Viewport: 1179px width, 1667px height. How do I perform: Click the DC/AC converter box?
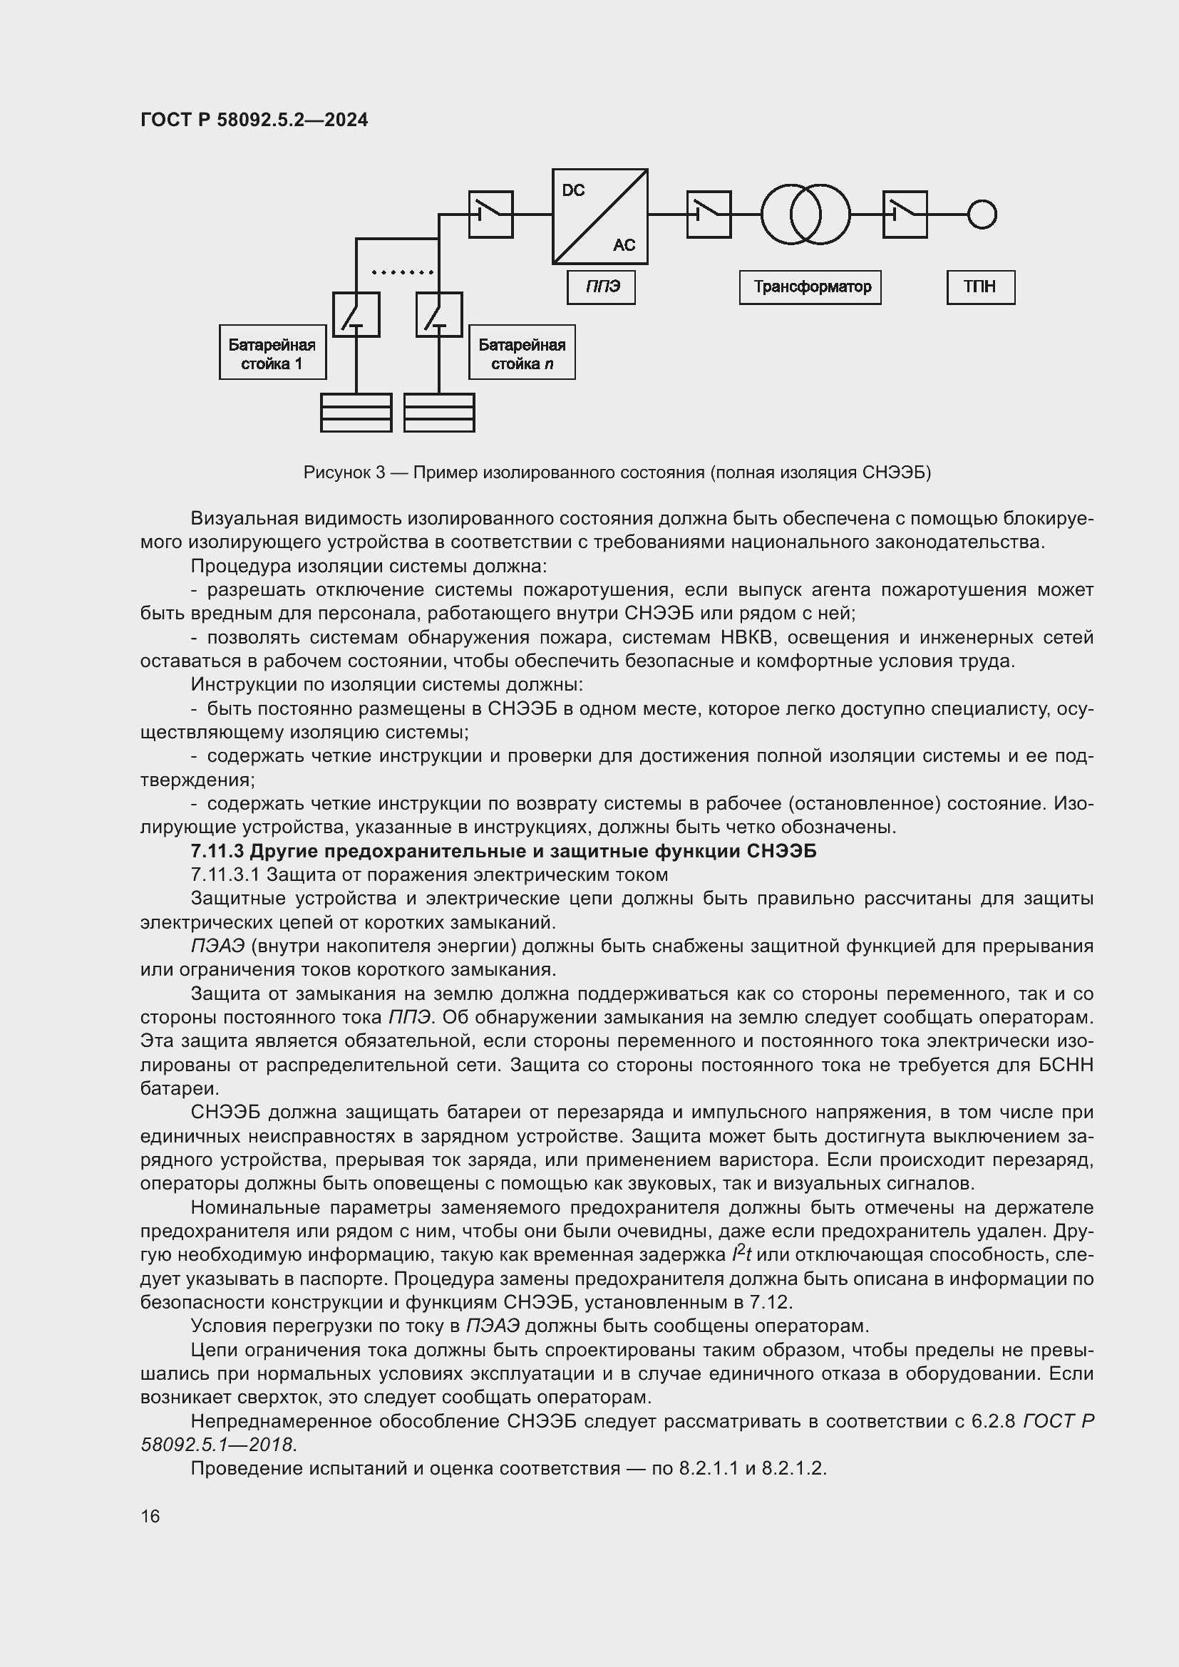[x=599, y=217]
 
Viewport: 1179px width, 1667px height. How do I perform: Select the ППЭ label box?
[x=601, y=287]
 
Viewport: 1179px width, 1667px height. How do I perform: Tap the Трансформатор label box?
[x=810, y=287]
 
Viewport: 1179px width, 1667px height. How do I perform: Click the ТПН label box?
[x=980, y=287]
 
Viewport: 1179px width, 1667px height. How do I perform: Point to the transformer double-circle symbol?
[x=805, y=215]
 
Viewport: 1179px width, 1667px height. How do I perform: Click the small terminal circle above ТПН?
[x=982, y=215]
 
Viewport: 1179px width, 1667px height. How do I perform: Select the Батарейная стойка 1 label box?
[x=272, y=352]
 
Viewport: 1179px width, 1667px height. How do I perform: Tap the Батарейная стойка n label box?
[x=521, y=352]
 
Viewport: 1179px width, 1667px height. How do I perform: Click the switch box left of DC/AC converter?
[x=490, y=215]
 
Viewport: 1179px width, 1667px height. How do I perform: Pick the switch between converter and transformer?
[x=709, y=215]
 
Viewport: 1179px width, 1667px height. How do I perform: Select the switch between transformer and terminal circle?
[x=905, y=215]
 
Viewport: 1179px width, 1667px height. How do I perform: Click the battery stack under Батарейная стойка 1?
[x=356, y=413]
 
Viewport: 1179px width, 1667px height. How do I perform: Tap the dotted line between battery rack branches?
[x=402, y=272]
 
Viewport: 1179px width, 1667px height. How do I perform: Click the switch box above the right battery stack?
[x=438, y=314]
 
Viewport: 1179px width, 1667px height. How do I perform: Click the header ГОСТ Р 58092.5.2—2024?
[x=254, y=120]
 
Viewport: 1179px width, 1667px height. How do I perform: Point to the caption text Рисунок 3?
[x=344, y=473]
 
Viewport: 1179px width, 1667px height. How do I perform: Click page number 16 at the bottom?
[x=150, y=1516]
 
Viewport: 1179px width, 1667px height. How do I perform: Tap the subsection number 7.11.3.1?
[x=225, y=875]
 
